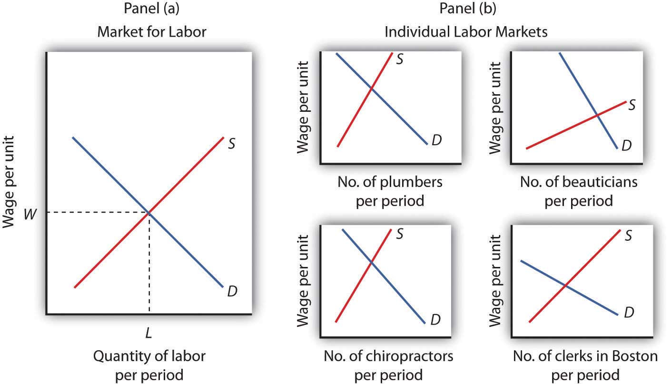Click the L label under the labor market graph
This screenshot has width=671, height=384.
point(149,333)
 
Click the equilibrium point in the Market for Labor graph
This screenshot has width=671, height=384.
point(149,213)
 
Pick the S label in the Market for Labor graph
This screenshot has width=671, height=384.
point(231,143)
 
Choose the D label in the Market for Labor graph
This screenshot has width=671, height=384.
point(232,291)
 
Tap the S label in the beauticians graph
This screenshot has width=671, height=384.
point(632,105)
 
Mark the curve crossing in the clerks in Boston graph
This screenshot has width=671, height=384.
point(565,286)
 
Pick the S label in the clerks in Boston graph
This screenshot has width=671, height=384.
point(628,235)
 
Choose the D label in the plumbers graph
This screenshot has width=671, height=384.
point(436,140)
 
